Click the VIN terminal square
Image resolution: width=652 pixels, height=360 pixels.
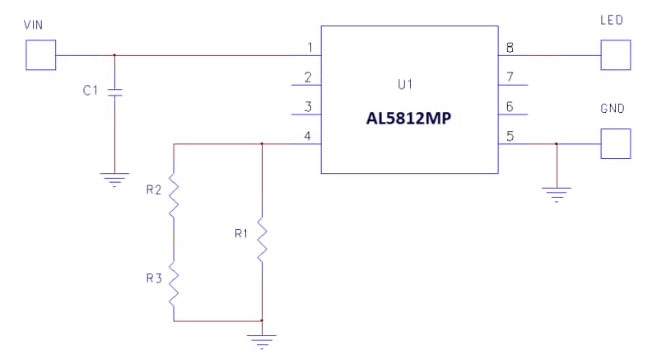click(41, 55)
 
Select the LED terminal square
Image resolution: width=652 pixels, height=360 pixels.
click(616, 55)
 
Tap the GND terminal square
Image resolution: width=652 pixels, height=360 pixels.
click(616, 143)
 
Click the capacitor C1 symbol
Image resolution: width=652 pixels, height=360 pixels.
click(114, 91)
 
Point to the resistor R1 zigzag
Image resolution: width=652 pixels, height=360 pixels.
click(261, 240)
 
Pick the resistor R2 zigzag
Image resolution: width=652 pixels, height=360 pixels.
click(174, 195)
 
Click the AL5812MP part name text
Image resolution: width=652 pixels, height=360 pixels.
click(409, 118)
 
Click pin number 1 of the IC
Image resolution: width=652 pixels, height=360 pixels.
click(309, 48)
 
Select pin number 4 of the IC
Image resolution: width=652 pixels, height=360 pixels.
click(309, 136)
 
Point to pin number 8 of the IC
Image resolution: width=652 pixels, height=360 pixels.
click(510, 48)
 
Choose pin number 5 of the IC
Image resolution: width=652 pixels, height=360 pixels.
click(510, 136)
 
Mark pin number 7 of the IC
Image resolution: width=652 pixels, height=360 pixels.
click(510, 77)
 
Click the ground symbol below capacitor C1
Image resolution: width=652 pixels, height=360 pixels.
click(114, 177)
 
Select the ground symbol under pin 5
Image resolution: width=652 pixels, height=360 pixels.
click(557, 193)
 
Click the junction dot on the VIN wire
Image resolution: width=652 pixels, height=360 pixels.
click(114, 55)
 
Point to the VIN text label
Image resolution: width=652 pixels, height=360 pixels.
click(34, 26)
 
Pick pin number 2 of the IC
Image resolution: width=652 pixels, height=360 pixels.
click(309, 77)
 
